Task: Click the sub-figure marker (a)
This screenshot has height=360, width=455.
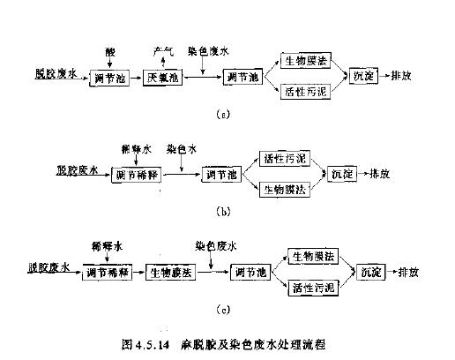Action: (x=229, y=115)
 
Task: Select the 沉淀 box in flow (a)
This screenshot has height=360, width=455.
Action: (x=363, y=77)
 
